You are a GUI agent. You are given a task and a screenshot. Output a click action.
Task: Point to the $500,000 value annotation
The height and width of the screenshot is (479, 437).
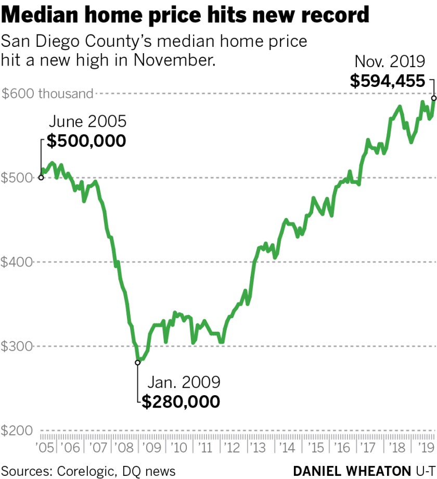pyautogui.click(x=86, y=141)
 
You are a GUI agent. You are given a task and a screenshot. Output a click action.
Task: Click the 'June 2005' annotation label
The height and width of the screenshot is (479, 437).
pyautogui.click(x=87, y=122)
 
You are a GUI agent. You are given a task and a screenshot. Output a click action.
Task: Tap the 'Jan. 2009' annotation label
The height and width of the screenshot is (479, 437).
pyautogui.click(x=184, y=383)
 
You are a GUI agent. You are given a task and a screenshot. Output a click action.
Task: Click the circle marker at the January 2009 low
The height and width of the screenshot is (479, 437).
pyautogui.click(x=138, y=362)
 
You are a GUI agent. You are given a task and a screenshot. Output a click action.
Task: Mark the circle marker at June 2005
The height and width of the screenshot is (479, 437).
pyautogui.click(x=42, y=178)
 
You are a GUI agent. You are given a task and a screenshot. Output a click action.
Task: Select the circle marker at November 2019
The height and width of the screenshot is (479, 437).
pyautogui.click(x=434, y=97)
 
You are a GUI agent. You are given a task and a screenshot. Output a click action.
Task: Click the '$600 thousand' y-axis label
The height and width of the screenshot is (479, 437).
pyautogui.click(x=48, y=94)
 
